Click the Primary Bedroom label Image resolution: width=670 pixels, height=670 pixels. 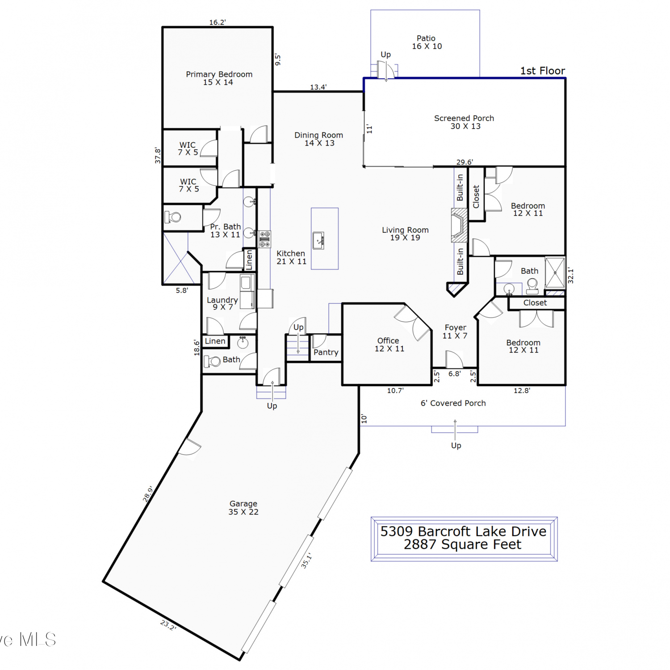pyautogui.click(x=219, y=78)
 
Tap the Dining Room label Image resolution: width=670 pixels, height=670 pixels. pyautogui.click(x=319, y=139)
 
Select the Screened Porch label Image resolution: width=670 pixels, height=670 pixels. pyautogui.click(x=465, y=122)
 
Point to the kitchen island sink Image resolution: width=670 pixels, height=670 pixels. pyautogui.click(x=318, y=240)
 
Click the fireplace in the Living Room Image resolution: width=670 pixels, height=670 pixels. pyautogui.click(x=459, y=225)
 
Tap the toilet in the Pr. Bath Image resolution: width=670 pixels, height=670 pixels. pyautogui.click(x=172, y=218)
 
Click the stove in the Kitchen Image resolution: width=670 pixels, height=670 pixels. pyautogui.click(x=265, y=239)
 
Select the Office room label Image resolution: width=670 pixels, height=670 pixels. pyautogui.click(x=389, y=344)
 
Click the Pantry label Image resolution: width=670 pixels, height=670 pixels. pyautogui.click(x=326, y=352)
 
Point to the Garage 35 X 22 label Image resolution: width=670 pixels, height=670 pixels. pyautogui.click(x=243, y=508)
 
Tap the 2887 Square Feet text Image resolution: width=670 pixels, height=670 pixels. pyautogui.click(x=463, y=544)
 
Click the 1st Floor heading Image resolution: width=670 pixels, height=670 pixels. pyautogui.click(x=543, y=71)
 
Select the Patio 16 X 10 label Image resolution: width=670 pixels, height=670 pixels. pyautogui.click(x=427, y=42)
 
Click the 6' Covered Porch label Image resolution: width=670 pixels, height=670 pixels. pyautogui.click(x=453, y=403)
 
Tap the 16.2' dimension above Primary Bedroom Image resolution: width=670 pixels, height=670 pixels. pyautogui.click(x=218, y=22)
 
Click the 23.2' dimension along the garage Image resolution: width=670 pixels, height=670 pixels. pyautogui.click(x=168, y=625)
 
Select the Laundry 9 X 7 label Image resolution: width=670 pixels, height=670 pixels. pyautogui.click(x=222, y=303)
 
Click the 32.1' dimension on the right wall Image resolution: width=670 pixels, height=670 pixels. pyautogui.click(x=570, y=276)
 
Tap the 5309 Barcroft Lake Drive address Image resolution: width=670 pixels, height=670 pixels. pyautogui.click(x=463, y=531)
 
